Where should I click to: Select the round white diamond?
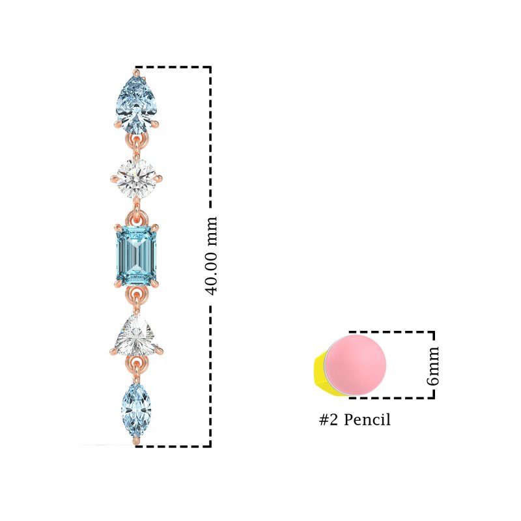coord(136,178)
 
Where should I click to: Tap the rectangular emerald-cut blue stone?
coord(136,256)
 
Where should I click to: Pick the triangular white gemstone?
coord(136,335)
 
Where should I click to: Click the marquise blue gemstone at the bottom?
coord(136,411)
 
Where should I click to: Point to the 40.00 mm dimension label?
coord(211,256)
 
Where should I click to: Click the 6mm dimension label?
coord(432,366)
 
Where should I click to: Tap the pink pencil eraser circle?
coord(356,365)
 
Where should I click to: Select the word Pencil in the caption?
coord(367,419)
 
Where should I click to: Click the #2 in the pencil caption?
coord(329,419)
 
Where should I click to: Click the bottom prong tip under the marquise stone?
coord(136,441)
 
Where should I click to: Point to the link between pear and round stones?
coord(136,145)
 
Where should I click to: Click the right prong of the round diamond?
coord(158,178)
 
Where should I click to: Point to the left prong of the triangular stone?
coord(113,351)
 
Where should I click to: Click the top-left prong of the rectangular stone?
coord(118,228)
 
